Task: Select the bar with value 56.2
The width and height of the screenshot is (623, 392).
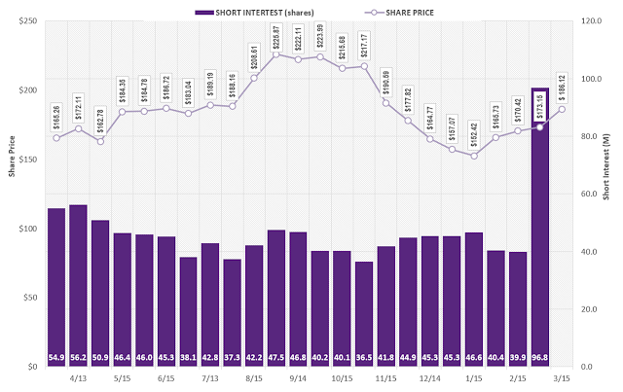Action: coord(78,282)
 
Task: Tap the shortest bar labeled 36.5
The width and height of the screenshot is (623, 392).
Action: coord(364,311)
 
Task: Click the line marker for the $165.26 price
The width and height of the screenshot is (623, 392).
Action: coord(56,138)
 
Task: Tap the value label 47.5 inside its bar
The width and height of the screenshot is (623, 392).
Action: coord(276,357)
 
